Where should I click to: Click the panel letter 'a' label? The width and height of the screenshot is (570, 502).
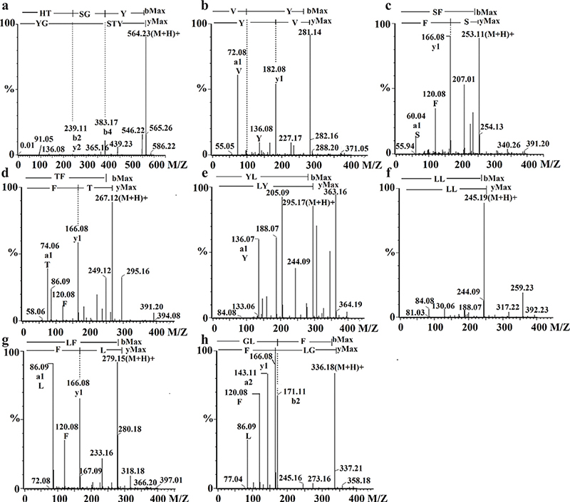pos(6,6)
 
